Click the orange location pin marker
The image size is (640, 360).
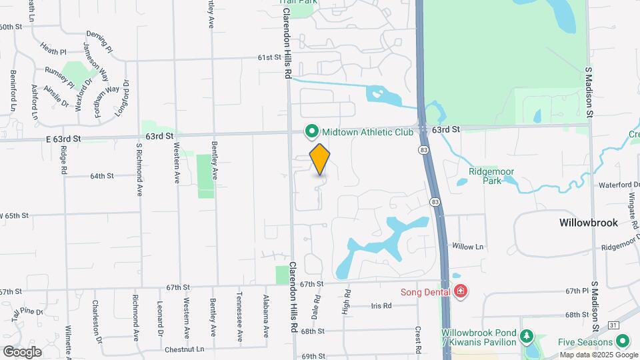[x=320, y=160]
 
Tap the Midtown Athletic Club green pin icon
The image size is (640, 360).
[x=311, y=131]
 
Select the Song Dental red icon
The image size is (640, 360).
[x=460, y=291]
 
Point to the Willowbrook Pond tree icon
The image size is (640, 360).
[x=527, y=335]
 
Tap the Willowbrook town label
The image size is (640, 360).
[x=588, y=223]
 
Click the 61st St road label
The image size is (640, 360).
[x=270, y=58]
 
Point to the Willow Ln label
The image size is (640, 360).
[x=467, y=246]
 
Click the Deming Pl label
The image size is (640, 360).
[x=100, y=41]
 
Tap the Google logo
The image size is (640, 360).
[x=22, y=351]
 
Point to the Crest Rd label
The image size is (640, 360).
[x=418, y=340]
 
